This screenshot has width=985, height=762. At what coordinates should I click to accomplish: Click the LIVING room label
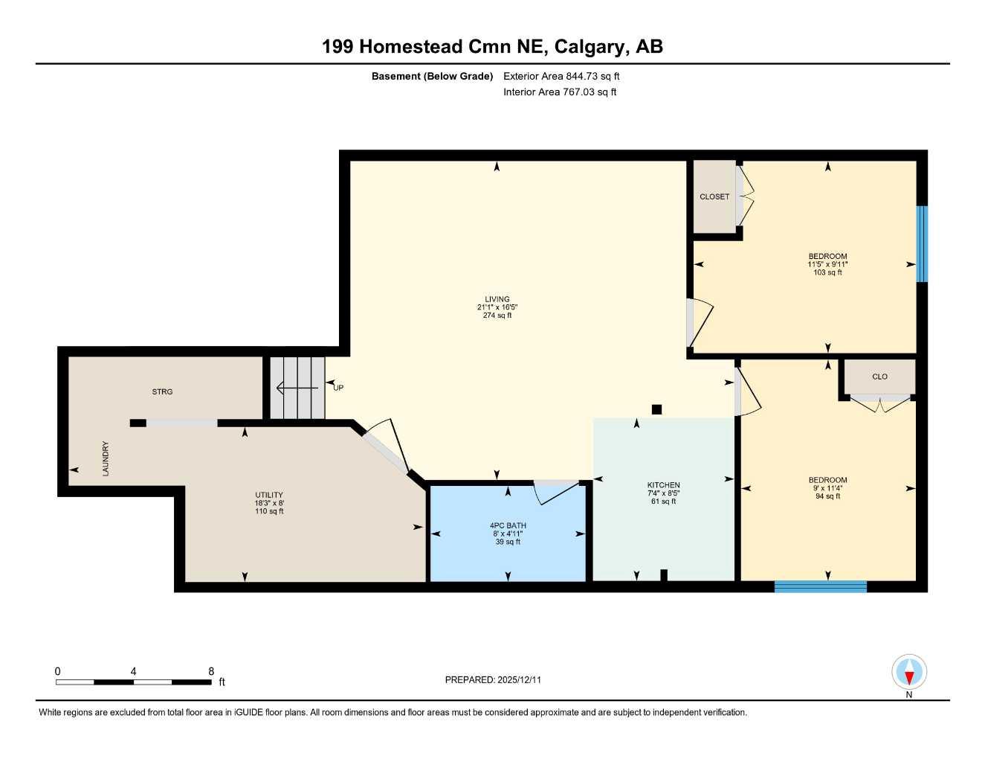(497, 299)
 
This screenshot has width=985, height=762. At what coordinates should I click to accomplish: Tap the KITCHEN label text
(663, 485)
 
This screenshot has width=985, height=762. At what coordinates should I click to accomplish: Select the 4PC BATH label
(508, 525)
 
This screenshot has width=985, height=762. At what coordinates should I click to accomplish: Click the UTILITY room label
(269, 495)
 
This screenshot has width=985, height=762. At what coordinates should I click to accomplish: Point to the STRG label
(162, 391)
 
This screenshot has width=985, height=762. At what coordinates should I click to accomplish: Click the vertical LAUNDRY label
(106, 458)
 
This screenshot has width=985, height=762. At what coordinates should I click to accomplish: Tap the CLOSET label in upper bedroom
(714, 196)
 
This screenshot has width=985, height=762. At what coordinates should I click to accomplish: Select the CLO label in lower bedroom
(879, 377)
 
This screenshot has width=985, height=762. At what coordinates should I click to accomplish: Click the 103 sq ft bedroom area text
(827, 272)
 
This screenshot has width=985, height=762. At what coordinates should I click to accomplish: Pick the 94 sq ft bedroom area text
(827, 496)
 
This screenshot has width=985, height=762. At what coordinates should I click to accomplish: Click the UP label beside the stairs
(338, 388)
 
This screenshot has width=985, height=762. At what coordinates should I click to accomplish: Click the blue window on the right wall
(922, 244)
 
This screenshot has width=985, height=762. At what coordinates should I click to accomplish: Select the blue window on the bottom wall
(821, 586)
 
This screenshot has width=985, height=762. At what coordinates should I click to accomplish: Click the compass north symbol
(908, 673)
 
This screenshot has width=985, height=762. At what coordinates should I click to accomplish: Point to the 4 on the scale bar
(133, 671)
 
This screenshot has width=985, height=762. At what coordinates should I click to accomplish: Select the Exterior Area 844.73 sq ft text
(561, 76)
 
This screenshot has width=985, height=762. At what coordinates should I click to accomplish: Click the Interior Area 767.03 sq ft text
(560, 92)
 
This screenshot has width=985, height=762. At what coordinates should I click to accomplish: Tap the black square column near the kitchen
(656, 409)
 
